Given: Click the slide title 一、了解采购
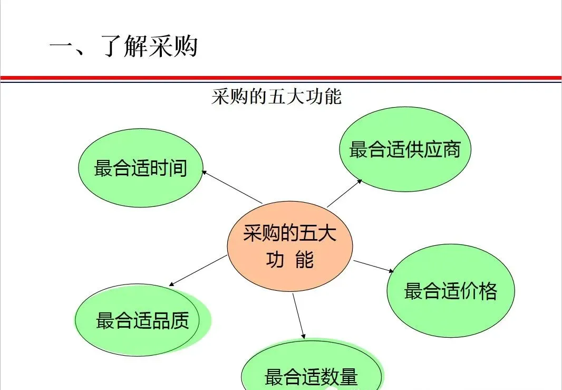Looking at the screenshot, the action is click(123, 46).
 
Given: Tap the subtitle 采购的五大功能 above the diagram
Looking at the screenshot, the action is click(276, 97).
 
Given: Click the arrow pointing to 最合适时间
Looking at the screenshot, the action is click(232, 187).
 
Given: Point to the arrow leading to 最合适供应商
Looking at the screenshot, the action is click(344, 193).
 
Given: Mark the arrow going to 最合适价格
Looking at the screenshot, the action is click(374, 266).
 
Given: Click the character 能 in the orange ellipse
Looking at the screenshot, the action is click(305, 260).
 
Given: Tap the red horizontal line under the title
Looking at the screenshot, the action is click(281, 77).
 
